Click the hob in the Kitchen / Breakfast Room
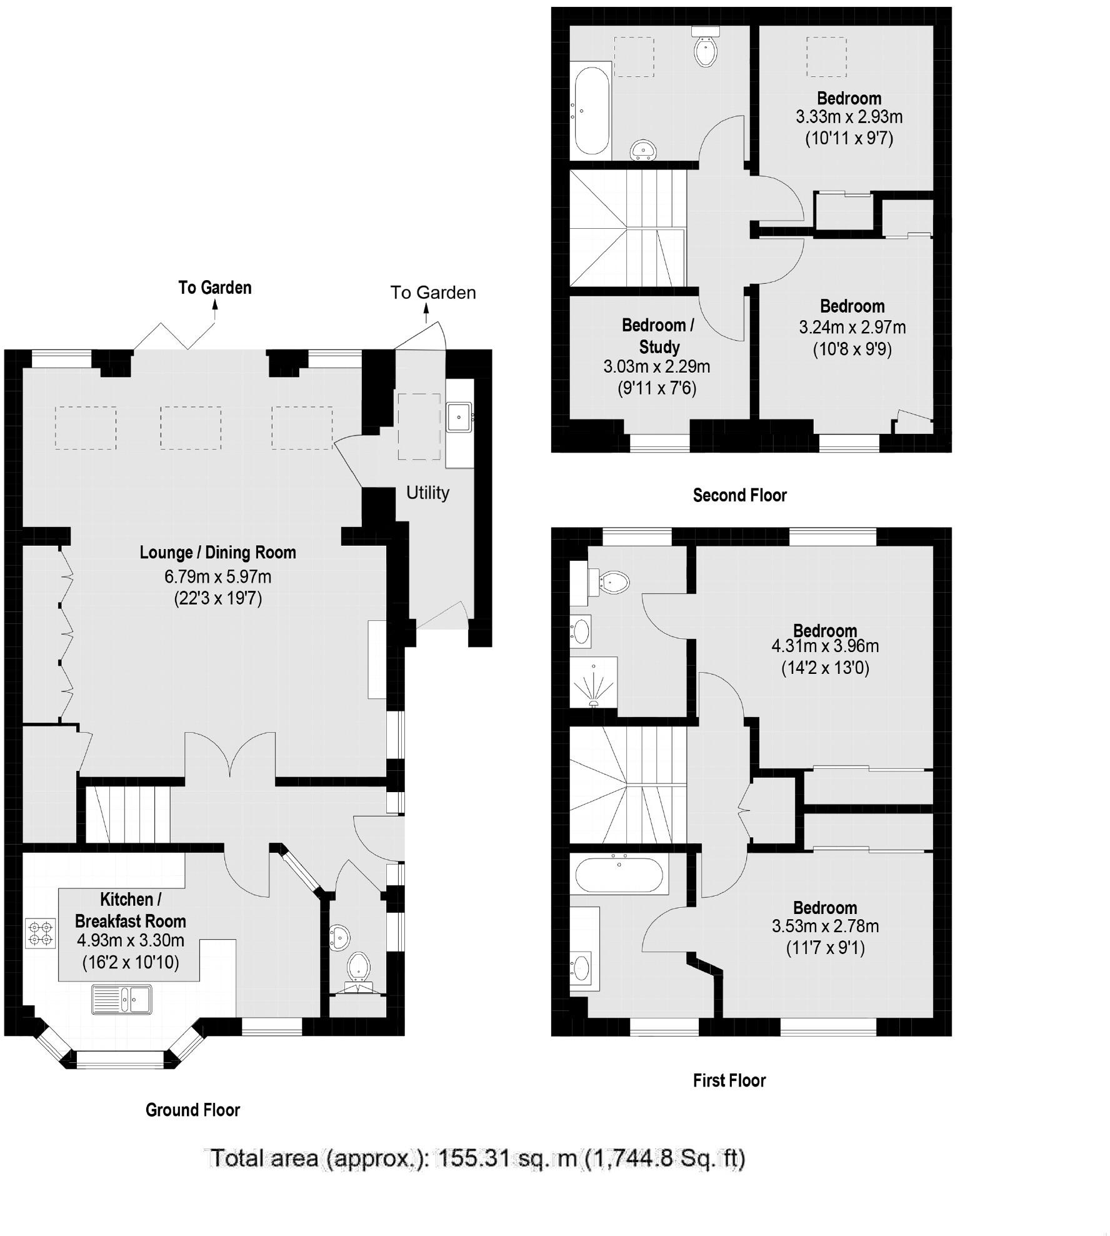point(41,933)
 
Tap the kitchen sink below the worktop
point(122,999)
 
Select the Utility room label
point(427,493)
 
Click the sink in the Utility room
point(459,416)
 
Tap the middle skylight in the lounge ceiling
point(191,428)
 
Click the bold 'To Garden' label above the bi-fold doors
point(215,288)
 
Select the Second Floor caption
point(739,495)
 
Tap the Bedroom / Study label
point(657,336)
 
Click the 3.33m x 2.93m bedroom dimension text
point(849,117)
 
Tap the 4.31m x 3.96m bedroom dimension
point(825,646)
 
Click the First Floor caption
point(729,1080)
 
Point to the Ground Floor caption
point(192,1110)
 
